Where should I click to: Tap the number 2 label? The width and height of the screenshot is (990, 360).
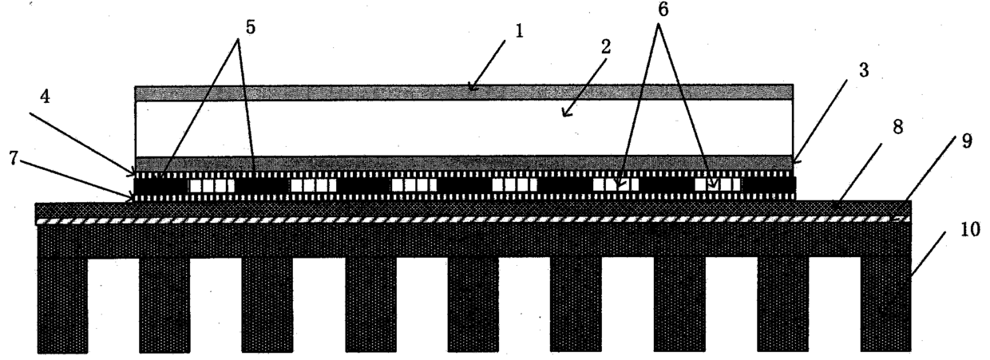click(x=606, y=46)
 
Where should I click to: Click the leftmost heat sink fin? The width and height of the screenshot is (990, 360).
click(x=62, y=303)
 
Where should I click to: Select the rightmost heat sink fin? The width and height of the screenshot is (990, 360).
click(x=885, y=303)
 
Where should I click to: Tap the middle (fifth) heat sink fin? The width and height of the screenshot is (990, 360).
click(x=473, y=303)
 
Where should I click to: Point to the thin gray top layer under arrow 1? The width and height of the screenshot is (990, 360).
click(x=463, y=92)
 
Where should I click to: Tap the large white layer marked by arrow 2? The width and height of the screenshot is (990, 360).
click(x=463, y=128)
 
